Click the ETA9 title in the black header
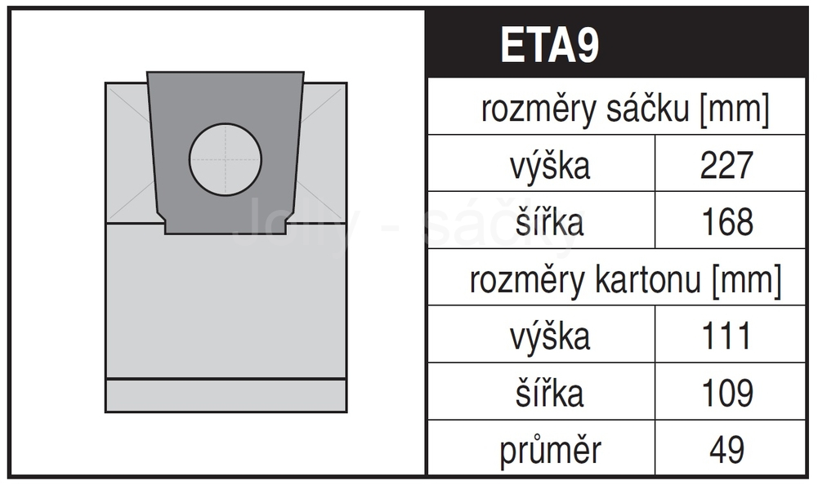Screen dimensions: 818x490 click(x=550, y=45)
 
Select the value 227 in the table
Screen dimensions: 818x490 click(x=726, y=165)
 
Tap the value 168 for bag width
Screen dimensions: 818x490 click(x=727, y=222)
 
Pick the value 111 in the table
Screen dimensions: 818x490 click(x=726, y=336)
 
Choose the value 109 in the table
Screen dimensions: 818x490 click(x=727, y=393)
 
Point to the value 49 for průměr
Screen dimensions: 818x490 click(x=726, y=449)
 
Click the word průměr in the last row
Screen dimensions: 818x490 click(x=551, y=450)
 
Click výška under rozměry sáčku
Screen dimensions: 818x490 click(x=550, y=165)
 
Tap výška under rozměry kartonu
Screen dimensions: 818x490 click(x=550, y=336)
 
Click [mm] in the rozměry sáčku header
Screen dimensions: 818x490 click(x=734, y=110)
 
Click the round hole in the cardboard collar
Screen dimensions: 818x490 click(x=226, y=160)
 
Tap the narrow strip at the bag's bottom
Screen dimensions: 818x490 click(x=226, y=395)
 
